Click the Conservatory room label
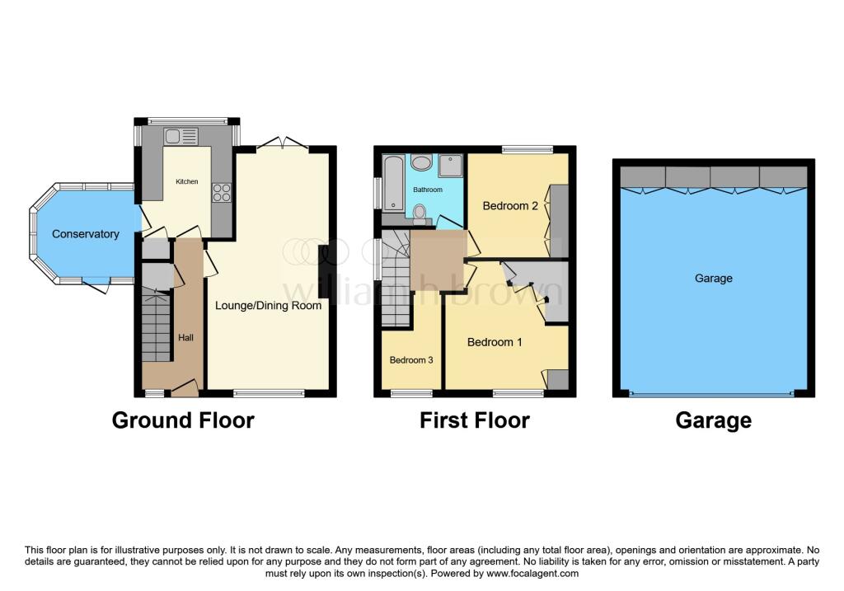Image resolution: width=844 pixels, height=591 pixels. [x=86, y=234]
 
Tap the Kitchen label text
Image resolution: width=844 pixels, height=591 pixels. [x=186, y=181]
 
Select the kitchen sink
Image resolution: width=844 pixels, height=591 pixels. [x=181, y=136]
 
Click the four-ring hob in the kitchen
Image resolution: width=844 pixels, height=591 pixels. [x=222, y=192]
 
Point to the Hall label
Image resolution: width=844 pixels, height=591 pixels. [x=185, y=338]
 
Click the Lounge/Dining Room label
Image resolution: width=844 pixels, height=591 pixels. [x=268, y=305]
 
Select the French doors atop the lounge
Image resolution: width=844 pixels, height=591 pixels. [x=283, y=145]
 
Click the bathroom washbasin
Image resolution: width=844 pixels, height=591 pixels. [x=421, y=162]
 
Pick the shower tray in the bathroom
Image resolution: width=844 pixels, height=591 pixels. [x=452, y=166]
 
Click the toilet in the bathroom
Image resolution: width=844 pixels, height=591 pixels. [x=421, y=215]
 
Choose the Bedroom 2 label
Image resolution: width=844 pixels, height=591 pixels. [x=510, y=206]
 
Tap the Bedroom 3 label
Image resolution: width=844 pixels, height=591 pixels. [x=410, y=360]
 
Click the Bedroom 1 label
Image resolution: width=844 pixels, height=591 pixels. [x=495, y=342]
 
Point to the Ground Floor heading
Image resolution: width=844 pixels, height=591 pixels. [x=183, y=420]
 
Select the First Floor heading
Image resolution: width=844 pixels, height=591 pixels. [x=475, y=420]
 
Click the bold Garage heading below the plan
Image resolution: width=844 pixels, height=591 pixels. [x=713, y=420]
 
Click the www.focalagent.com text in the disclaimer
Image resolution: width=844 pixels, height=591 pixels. [x=532, y=573]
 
